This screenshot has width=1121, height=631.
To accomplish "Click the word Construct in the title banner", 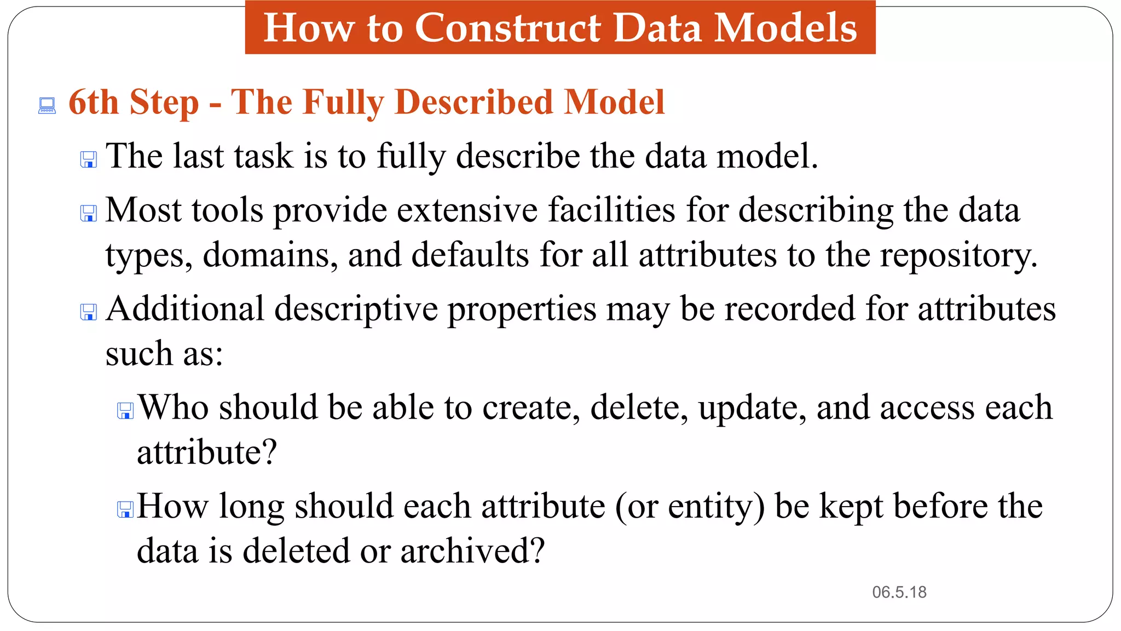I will click(x=507, y=28).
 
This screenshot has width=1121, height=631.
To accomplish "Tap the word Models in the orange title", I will click(x=785, y=28).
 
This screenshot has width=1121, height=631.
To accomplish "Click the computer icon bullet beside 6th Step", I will click(x=47, y=106).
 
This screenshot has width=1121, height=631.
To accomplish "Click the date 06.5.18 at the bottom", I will click(x=899, y=592).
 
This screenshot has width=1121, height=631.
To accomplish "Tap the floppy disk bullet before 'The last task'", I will click(x=89, y=160).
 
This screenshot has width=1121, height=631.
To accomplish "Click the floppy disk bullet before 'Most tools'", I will click(x=89, y=214).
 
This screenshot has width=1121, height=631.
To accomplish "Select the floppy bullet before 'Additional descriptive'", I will click(x=89, y=312).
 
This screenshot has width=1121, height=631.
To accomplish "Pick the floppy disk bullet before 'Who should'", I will click(x=125, y=411).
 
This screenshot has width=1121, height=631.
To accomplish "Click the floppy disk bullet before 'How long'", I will click(x=125, y=509).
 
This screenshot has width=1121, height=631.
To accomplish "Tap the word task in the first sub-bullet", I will click(x=263, y=157).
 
